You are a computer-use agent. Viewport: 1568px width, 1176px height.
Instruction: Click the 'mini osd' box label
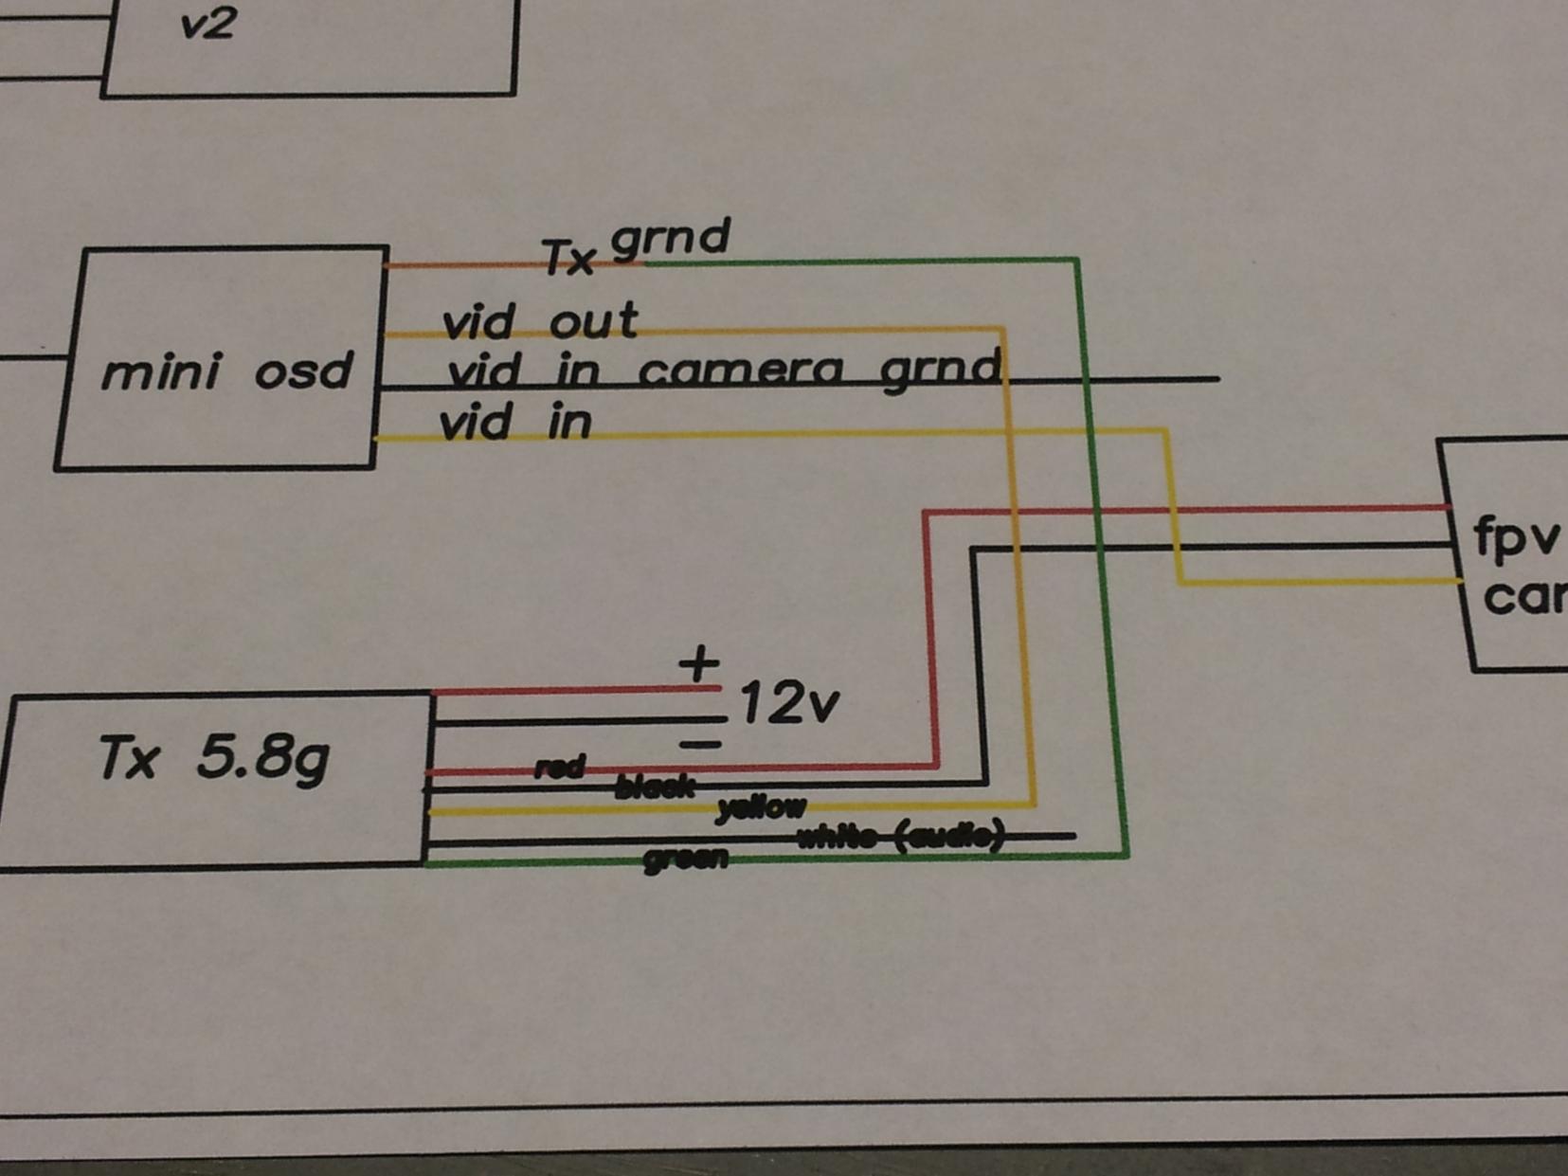[226, 371]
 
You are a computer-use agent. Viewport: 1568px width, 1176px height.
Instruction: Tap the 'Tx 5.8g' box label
[214, 758]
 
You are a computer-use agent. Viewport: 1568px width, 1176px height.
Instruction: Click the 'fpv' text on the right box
[1515, 537]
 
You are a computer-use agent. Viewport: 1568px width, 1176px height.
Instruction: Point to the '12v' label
[788, 704]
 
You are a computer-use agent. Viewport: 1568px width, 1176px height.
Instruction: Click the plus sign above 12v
[699, 664]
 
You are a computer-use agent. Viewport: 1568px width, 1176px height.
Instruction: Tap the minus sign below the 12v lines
[701, 745]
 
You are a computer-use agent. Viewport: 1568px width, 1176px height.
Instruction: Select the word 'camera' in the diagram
[741, 370]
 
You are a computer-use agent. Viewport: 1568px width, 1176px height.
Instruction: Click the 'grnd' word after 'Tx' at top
[671, 237]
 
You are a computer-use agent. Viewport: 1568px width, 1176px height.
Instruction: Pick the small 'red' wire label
[560, 767]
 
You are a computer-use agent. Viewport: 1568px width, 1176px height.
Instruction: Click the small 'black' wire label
[655, 787]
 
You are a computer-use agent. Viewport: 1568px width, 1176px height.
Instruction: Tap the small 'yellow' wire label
[762, 807]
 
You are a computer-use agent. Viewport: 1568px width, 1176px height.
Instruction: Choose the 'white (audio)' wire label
[900, 836]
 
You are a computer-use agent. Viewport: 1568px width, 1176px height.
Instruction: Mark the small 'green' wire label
[686, 859]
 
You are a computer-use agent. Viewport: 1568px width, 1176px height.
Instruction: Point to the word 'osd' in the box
[303, 371]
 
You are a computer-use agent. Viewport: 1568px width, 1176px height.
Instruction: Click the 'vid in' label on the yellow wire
[515, 423]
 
